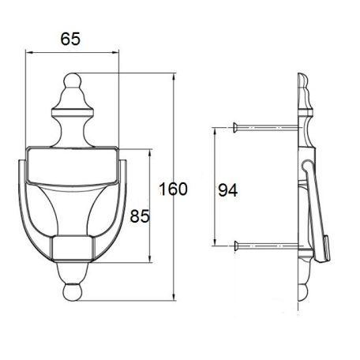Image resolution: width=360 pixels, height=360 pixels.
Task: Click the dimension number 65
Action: (x=70, y=39)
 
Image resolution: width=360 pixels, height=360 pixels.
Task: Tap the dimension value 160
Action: (x=173, y=189)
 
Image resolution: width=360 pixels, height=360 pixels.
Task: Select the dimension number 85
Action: (x=140, y=216)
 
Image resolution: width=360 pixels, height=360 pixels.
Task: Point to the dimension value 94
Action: (x=227, y=190)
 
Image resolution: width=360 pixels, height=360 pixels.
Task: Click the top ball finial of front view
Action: (x=73, y=80)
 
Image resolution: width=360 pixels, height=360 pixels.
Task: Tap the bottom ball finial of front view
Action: (x=73, y=292)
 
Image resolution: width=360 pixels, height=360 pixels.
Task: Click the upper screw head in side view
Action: (x=235, y=127)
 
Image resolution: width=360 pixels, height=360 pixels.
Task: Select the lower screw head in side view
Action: (x=236, y=246)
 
